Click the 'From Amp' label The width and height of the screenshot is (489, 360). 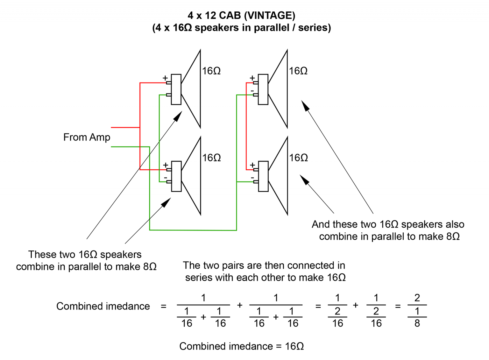coord(87,137)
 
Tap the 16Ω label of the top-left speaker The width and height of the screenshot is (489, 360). coord(211,71)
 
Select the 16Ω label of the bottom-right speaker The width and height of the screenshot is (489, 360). coord(298,158)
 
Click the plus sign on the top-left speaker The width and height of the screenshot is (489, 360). coord(165,78)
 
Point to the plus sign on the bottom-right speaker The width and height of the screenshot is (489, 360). coord(252,165)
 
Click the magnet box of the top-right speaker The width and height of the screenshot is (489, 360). coord(263,89)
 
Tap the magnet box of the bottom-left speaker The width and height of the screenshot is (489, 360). coord(176,176)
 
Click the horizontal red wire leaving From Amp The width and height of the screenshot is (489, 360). coord(125,127)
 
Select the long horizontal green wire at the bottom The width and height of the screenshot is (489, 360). coord(193,230)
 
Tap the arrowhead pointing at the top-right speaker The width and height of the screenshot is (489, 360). coord(305,106)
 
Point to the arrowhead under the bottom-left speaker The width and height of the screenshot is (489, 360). coord(166,202)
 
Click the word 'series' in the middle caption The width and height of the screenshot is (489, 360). coord(199,278)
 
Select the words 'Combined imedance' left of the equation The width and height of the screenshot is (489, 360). coord(103,306)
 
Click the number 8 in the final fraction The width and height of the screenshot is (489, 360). coord(417,323)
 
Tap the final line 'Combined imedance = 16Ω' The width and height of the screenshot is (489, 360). coord(241,346)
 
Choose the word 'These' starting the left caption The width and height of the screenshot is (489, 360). coord(40,255)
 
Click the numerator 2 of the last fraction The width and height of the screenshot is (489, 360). coord(417,298)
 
